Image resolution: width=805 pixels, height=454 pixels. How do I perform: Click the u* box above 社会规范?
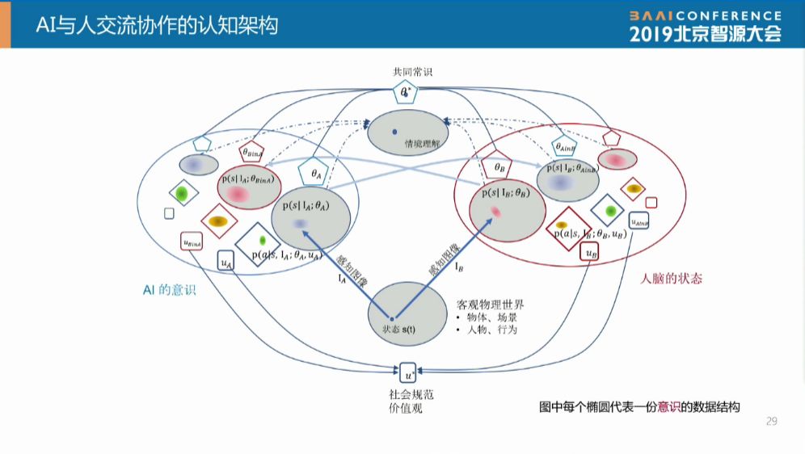pyautogui.click(x=410, y=373)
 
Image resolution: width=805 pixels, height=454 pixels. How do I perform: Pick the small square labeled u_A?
pyautogui.click(x=227, y=262)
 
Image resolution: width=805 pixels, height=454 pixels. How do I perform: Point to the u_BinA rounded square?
pyautogui.click(x=192, y=240)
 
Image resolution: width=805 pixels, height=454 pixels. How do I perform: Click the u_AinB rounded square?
pyautogui.click(x=639, y=221)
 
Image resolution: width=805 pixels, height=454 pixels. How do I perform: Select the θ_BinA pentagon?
pyautogui.click(x=252, y=152)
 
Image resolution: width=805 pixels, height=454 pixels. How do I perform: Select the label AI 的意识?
pyautogui.click(x=169, y=290)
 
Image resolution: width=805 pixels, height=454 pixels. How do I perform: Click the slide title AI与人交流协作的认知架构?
pyautogui.click(x=157, y=25)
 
